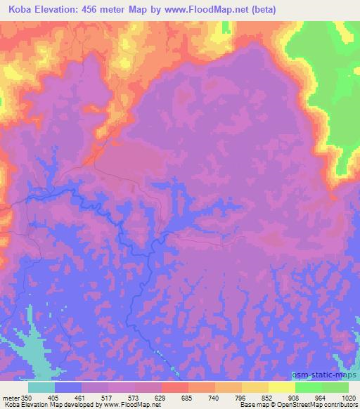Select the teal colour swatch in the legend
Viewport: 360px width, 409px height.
point(41,387)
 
